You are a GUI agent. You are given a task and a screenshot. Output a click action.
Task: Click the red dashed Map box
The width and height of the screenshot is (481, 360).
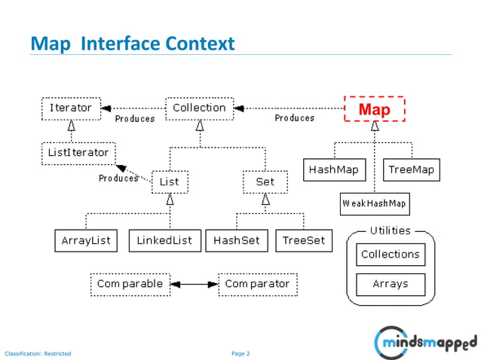tap(374, 109)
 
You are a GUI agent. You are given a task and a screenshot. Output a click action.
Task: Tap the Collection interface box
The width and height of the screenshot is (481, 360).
tap(199, 108)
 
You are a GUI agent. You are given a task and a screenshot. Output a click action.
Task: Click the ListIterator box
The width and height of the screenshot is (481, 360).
tap(78, 153)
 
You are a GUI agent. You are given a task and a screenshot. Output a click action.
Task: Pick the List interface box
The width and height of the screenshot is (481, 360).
tap(170, 182)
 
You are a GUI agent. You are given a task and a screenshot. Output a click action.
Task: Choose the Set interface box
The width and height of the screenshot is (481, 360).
tap(265, 182)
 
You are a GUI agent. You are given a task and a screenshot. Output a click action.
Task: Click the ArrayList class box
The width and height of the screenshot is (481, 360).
tap(86, 241)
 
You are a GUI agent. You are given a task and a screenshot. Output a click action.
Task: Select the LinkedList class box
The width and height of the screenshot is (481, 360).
tap(164, 241)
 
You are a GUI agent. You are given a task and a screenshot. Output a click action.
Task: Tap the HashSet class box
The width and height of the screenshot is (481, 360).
tap(236, 241)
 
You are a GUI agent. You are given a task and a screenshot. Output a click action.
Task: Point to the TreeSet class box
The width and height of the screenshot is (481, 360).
tap(304, 241)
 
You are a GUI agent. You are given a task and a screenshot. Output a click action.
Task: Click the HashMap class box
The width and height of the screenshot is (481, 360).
tap(333, 170)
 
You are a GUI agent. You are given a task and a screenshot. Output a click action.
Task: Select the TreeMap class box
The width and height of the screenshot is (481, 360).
tap(411, 170)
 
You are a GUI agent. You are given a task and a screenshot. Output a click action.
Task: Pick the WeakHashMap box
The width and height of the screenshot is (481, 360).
tap(374, 203)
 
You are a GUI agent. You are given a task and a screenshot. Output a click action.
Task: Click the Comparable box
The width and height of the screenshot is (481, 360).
tap(130, 285)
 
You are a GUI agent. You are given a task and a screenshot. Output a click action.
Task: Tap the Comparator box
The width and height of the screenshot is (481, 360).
tap(257, 285)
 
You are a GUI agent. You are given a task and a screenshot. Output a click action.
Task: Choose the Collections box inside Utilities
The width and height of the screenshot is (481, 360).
tap(390, 255)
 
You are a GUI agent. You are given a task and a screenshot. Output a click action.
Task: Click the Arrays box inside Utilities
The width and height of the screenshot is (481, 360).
tap(390, 285)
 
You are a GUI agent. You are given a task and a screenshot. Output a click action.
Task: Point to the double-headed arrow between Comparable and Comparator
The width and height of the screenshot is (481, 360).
tap(194, 285)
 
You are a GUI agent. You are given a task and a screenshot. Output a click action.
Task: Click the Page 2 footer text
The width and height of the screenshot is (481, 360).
tap(240, 353)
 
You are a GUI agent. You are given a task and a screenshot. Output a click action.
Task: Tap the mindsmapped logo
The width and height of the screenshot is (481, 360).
tap(425, 342)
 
